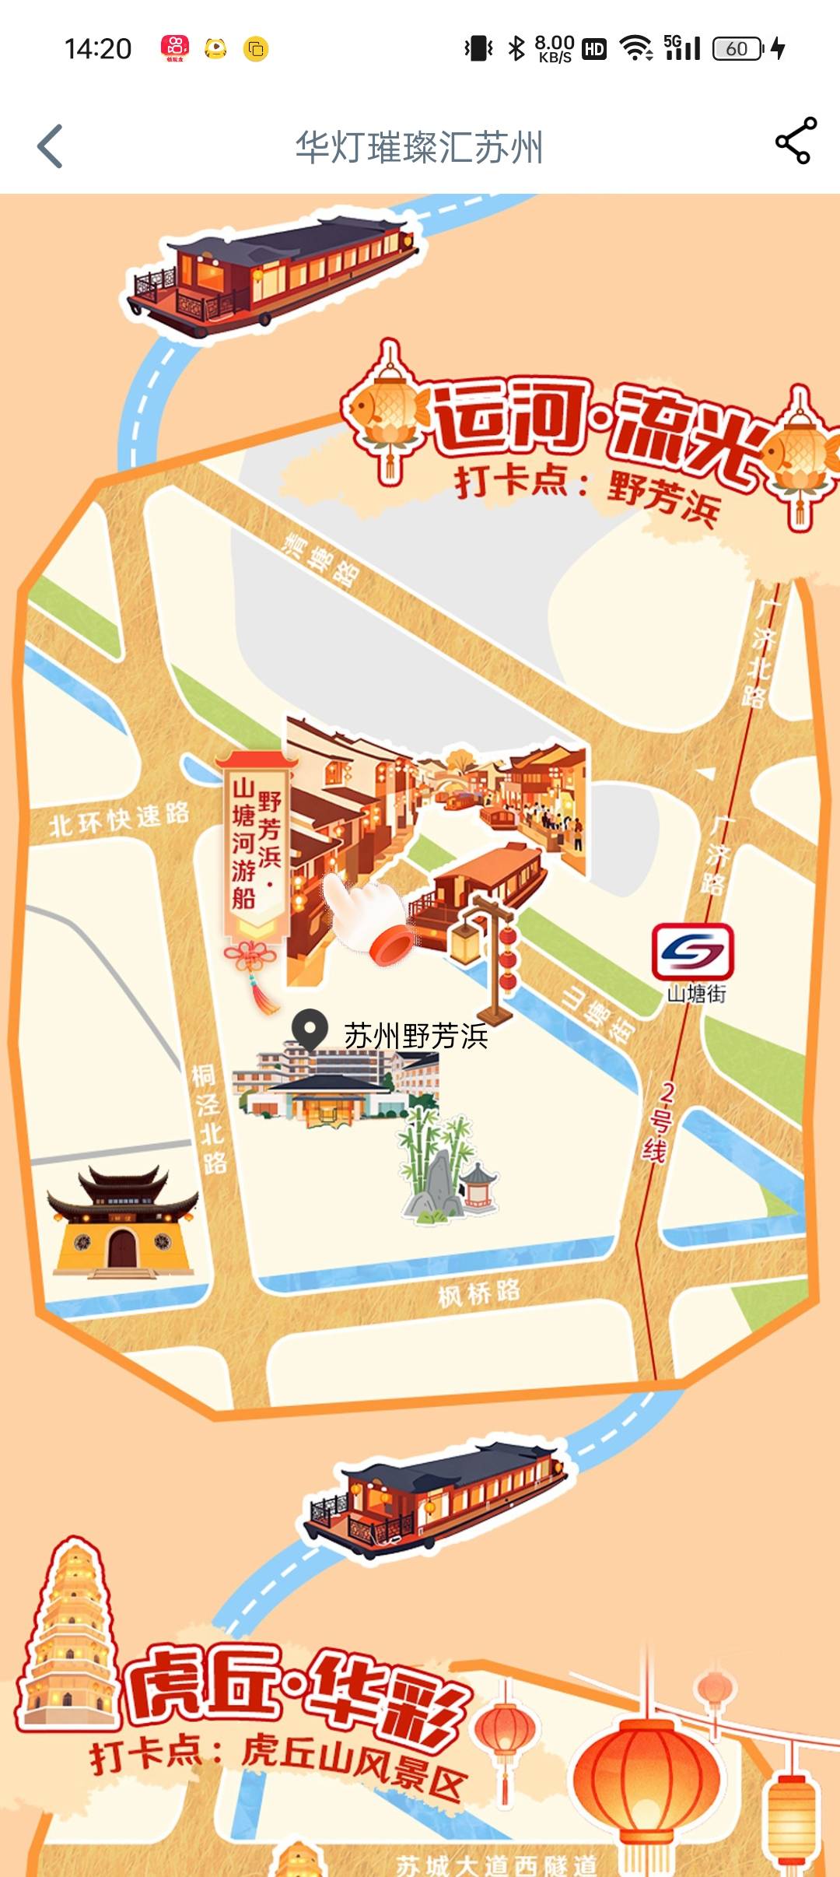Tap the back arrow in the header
50,146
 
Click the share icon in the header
796,141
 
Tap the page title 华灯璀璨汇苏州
418,147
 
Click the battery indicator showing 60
737,49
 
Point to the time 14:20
98,49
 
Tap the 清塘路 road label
321,560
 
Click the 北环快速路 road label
119,819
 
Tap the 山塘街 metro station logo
692,951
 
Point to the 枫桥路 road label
478,1293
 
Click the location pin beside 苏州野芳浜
310,1028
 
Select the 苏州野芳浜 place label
416,1037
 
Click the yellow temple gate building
122,1223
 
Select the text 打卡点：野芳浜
587,493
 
